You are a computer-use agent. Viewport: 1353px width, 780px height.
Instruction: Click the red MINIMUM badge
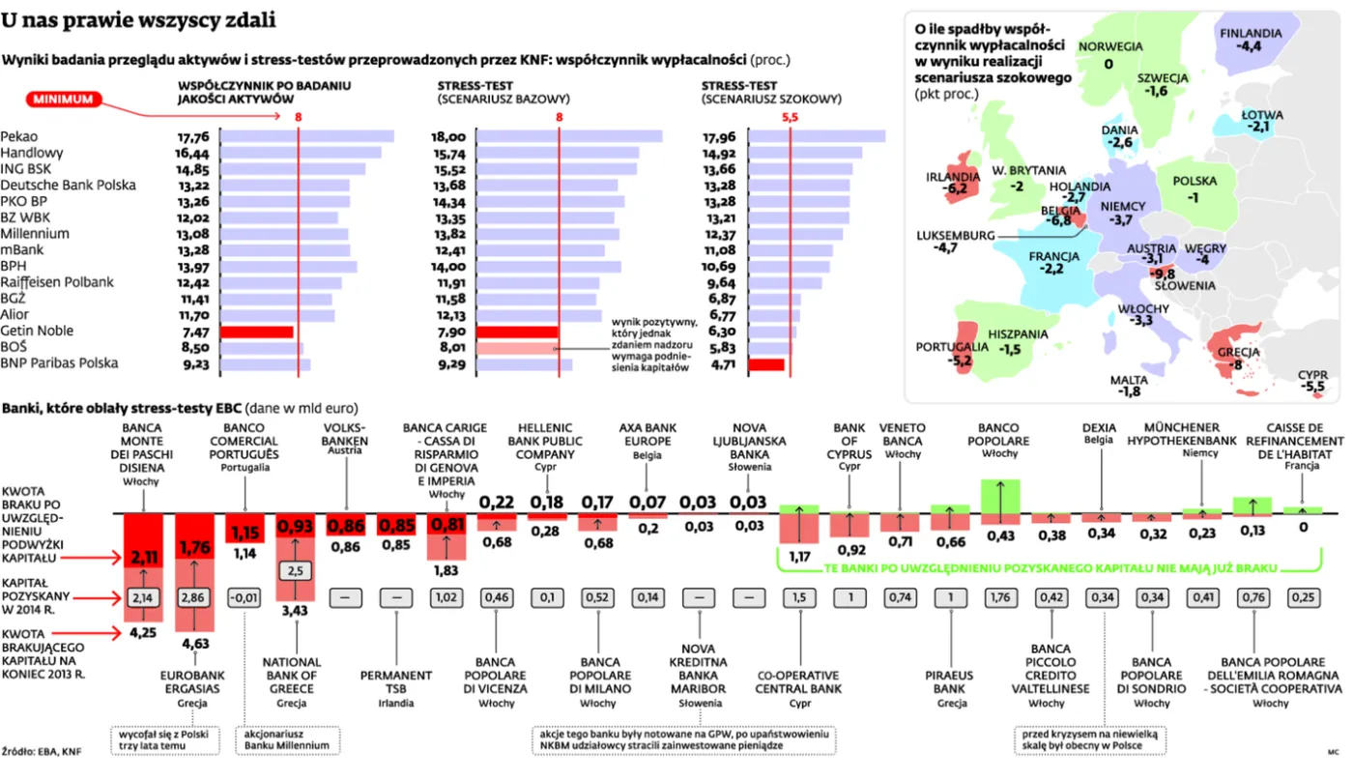64,100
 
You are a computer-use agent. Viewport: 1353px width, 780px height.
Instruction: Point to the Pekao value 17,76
193,137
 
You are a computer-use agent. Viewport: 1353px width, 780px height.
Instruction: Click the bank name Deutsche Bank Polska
69,185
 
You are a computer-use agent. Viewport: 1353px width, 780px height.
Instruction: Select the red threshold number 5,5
790,117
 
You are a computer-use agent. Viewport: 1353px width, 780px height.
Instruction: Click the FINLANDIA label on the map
1251,33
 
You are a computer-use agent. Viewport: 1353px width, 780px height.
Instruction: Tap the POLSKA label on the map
1195,181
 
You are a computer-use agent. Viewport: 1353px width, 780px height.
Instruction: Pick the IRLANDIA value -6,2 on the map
954,189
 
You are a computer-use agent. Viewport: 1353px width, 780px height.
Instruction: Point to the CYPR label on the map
1312,375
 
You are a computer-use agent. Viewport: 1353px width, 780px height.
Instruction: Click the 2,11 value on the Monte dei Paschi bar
143,557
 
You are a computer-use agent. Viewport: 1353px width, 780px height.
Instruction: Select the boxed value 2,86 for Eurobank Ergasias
193,597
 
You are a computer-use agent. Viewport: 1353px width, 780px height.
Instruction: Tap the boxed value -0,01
245,597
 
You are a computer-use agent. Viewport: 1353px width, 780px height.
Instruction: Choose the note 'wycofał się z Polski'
163,734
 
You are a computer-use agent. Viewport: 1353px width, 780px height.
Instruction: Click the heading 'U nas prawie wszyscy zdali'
138,20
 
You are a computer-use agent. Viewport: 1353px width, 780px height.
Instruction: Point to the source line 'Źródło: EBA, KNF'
41,752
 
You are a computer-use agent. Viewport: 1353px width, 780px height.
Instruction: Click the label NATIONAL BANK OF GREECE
292,676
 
